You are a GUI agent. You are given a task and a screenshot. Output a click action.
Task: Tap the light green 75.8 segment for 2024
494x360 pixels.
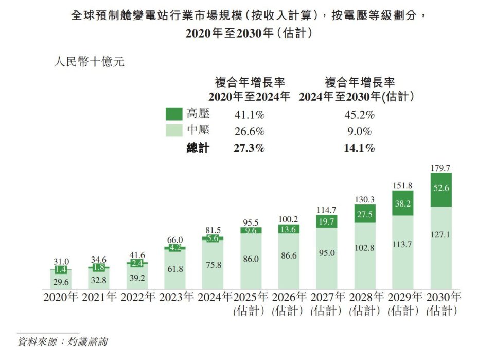213,265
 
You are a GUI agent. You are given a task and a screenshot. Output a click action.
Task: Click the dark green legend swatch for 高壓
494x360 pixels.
173,114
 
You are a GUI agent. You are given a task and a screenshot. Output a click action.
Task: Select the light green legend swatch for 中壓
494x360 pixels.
173,131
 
